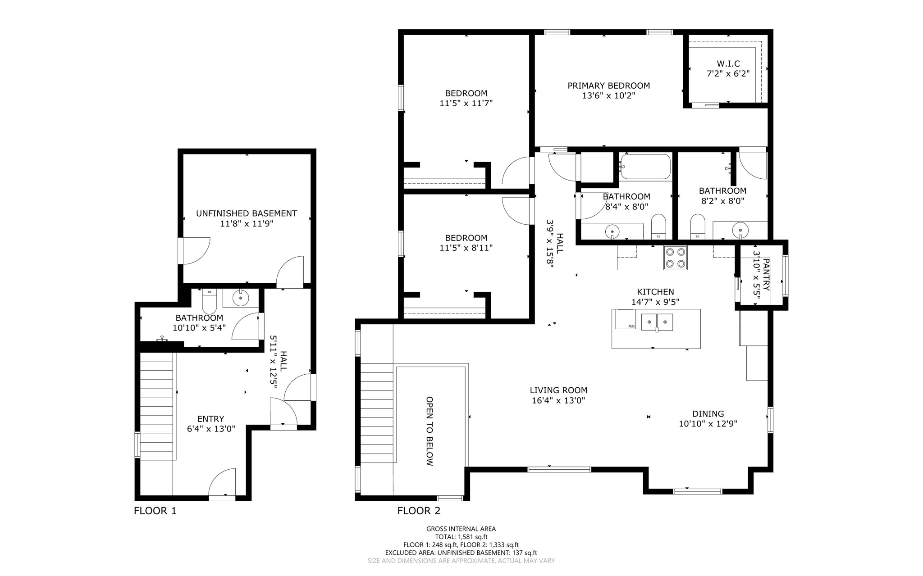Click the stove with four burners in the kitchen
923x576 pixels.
click(x=675, y=258)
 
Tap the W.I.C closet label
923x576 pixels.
click(x=728, y=64)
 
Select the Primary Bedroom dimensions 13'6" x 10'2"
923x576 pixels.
click(x=608, y=95)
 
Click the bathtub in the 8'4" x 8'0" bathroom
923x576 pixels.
click(x=645, y=167)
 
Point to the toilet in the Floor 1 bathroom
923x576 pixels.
click(x=210, y=301)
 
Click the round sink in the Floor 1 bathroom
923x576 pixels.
click(x=241, y=298)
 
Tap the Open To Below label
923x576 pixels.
click(x=430, y=431)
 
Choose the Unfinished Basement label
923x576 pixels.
click(x=247, y=213)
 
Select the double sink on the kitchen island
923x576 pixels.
click(x=657, y=322)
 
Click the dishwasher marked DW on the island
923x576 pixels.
click(x=626, y=319)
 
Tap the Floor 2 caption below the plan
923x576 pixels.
click(x=419, y=511)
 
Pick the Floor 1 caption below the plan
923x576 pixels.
click(x=155, y=511)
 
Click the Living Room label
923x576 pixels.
click(x=558, y=390)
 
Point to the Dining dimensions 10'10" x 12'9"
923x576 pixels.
click(x=708, y=424)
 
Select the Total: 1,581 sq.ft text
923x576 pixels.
click(x=461, y=537)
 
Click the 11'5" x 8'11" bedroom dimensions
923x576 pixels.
click(x=466, y=248)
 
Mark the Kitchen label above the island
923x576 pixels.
click(x=655, y=292)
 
